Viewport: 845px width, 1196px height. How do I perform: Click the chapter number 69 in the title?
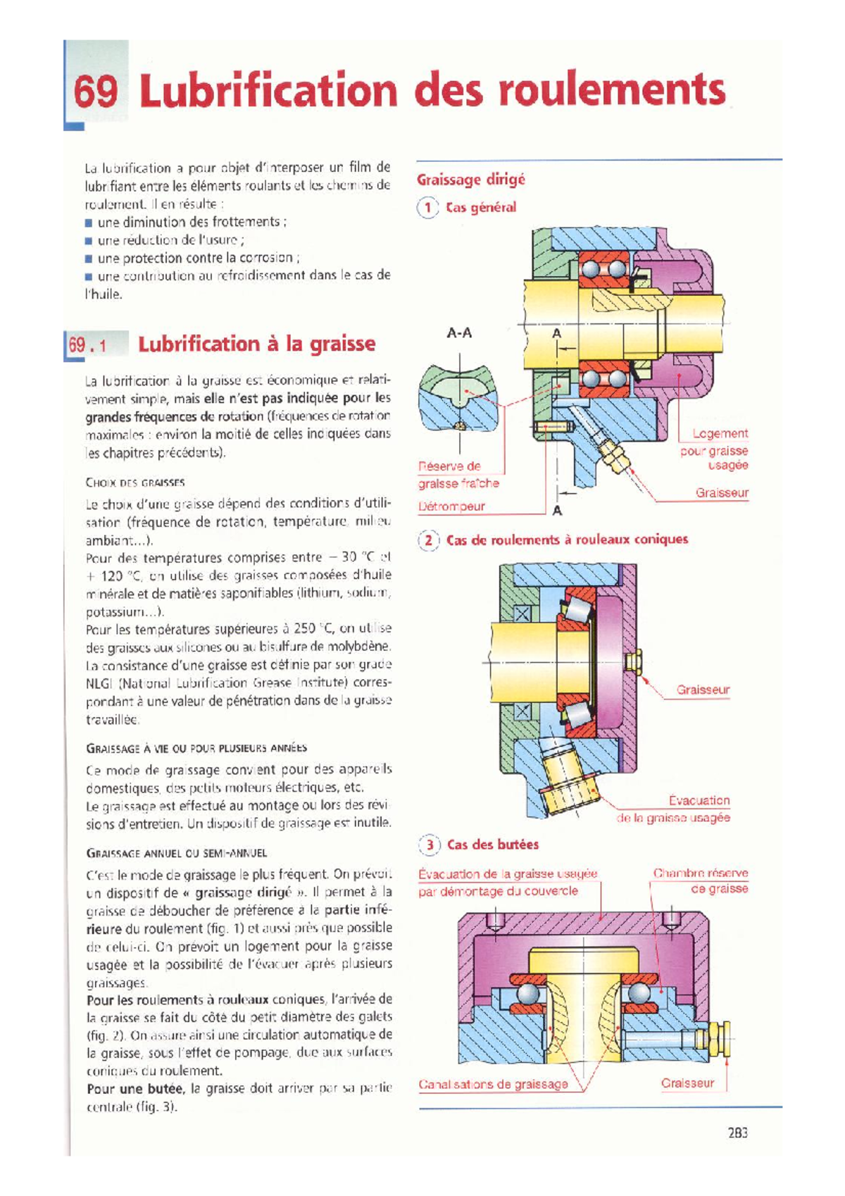coord(96,92)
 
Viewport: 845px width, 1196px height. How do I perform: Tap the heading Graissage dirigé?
coord(470,180)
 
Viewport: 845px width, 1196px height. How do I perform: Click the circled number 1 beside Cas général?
coord(427,208)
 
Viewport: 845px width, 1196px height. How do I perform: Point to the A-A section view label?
coord(459,332)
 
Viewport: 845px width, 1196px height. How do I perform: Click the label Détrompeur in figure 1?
coord(451,506)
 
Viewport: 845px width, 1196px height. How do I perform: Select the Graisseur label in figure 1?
coord(722,492)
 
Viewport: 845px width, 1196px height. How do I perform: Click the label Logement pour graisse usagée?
coord(714,449)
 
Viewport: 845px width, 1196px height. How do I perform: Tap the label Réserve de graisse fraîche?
coord(458,475)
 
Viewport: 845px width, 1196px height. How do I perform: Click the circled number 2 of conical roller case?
coord(427,540)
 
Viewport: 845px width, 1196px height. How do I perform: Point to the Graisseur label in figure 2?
coord(703,690)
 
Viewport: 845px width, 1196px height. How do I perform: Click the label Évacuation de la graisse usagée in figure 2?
coord(674,809)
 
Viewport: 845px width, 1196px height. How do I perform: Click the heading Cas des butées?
coord(492,844)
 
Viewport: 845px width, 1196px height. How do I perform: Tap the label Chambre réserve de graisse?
coord(700,880)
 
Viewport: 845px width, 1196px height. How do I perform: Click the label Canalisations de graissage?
coord(493,1084)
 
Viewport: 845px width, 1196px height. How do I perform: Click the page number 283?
coord(737,1133)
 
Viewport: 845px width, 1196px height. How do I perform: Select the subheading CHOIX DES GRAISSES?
coord(135,483)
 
